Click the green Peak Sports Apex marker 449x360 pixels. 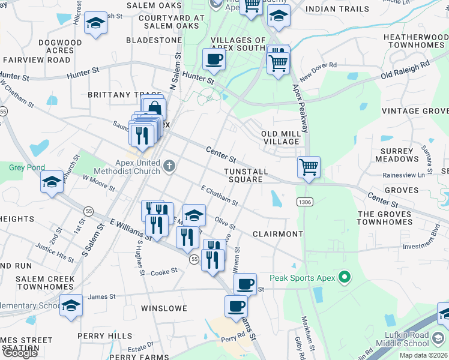[344, 278]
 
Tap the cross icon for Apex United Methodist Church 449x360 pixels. [169, 166]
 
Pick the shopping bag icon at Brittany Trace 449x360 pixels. [154, 109]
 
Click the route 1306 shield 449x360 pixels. [304, 202]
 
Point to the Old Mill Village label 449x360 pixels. [280, 137]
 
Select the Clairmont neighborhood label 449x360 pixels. [277, 233]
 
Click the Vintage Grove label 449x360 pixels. [415, 111]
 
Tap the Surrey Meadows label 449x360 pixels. [397, 155]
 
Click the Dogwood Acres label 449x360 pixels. [59, 47]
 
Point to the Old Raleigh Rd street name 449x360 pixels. [405, 70]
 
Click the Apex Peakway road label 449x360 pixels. [301, 109]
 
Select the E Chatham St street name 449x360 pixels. [219, 195]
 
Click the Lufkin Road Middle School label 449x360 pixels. [402, 339]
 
